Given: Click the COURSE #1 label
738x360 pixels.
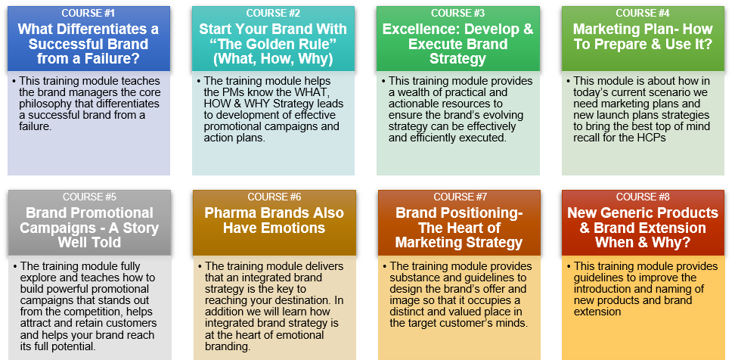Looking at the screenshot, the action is (x=88, y=13).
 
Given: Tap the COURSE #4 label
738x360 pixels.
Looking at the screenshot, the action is (x=643, y=13).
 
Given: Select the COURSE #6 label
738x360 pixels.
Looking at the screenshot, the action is (x=274, y=197).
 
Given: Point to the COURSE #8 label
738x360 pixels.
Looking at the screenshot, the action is (x=643, y=197).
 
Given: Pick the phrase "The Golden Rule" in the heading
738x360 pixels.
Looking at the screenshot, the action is (x=273, y=44).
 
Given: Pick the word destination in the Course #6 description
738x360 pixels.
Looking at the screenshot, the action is (x=309, y=300).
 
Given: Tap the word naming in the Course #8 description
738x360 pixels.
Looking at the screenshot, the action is (x=666, y=289).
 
